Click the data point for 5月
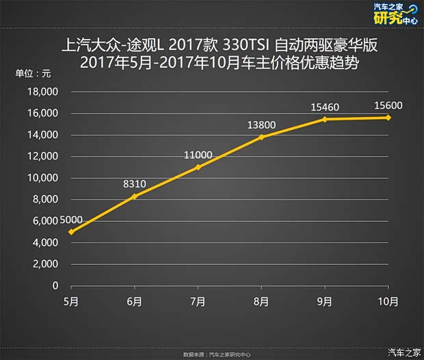(x=71, y=232)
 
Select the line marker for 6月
(x=135, y=196)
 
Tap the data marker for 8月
(x=261, y=137)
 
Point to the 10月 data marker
(x=388, y=117)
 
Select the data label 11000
(x=198, y=155)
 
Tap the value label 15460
(x=326, y=107)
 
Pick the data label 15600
(x=388, y=105)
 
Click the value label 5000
(x=71, y=220)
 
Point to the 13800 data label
(x=262, y=125)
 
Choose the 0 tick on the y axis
(x=55, y=286)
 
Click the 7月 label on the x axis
(x=198, y=301)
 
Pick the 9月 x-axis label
(x=325, y=301)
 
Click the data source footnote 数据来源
(x=211, y=355)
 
